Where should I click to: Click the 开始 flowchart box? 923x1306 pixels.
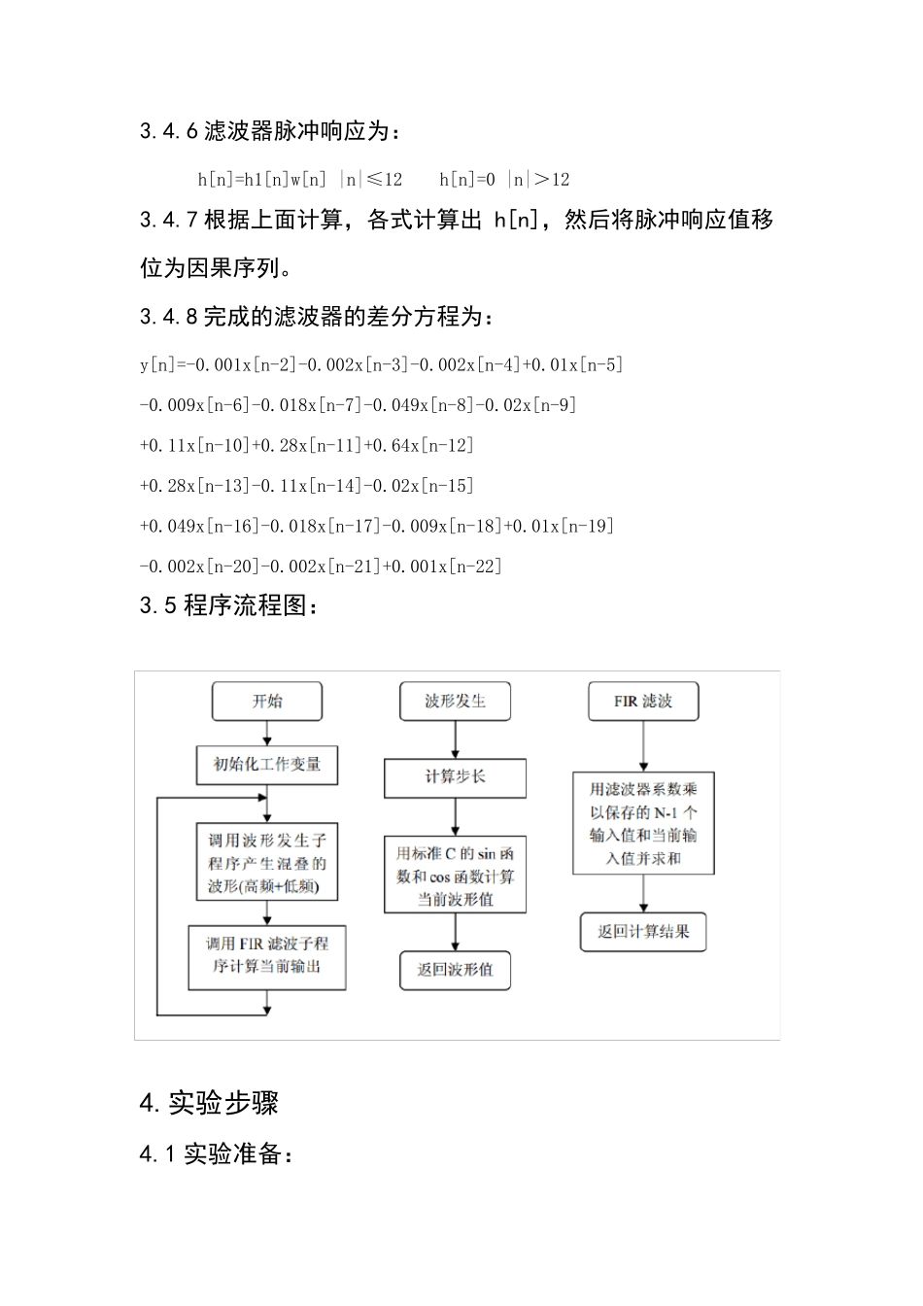[x=267, y=702]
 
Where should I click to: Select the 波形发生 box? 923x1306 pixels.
[x=455, y=702]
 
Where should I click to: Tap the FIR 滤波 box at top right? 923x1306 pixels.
[x=643, y=702]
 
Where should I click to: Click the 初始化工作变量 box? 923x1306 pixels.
[x=267, y=765]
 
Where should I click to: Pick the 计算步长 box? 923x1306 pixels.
[x=455, y=777]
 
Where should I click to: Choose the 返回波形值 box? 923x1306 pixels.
[x=455, y=970]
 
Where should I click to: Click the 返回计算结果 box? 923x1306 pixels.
[x=643, y=932]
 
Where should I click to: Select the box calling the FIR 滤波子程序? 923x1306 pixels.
[x=267, y=956]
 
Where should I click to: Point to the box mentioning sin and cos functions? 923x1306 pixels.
[x=455, y=876]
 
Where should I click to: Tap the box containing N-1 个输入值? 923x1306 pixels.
[x=643, y=823]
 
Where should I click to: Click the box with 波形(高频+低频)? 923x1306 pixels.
[x=267, y=864]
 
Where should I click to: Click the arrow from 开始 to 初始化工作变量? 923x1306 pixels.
[x=267, y=733]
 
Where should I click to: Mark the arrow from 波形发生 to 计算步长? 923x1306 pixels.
[x=455, y=739]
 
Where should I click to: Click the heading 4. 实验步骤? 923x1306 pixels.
[x=209, y=1103]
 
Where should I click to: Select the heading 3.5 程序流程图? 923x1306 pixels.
[x=229, y=605]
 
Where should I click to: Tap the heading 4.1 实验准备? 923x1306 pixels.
[x=216, y=1153]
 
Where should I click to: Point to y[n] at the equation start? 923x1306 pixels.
[x=158, y=365]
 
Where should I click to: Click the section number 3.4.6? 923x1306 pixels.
[x=169, y=131]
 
